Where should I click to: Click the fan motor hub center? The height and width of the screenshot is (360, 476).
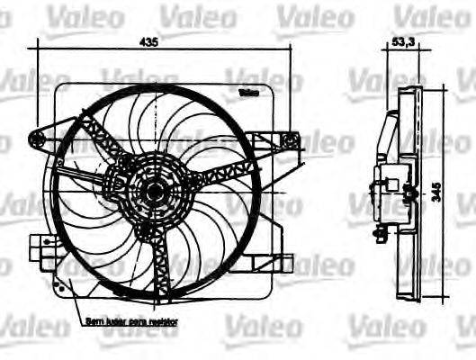click(x=151, y=191)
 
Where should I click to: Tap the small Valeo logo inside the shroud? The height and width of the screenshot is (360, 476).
click(x=248, y=93)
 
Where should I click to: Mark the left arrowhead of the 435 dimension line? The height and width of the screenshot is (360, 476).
click(x=30, y=49)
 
